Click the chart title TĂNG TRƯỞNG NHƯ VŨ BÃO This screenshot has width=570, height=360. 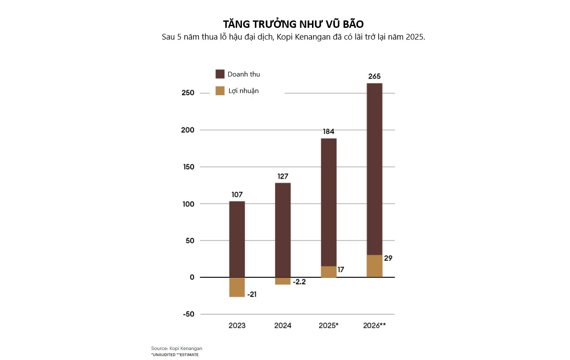click(x=293, y=24)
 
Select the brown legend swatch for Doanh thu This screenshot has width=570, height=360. click(x=220, y=74)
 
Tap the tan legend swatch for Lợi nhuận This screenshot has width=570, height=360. click(x=220, y=91)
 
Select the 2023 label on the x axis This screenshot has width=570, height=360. click(x=237, y=326)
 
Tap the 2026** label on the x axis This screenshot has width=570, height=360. click(x=374, y=326)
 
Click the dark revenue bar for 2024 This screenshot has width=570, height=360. click(x=283, y=230)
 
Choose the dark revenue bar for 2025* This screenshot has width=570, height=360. click(x=329, y=200)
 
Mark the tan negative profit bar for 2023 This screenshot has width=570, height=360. click(x=237, y=287)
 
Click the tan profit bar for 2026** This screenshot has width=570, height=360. click(x=374, y=266)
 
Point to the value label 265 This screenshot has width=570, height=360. click(x=374, y=77)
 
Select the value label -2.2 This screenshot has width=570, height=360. click(x=299, y=282)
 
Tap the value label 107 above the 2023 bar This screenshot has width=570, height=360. click(x=237, y=195)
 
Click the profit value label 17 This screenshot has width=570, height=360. click(x=340, y=270)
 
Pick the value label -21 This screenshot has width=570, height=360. click(x=251, y=295)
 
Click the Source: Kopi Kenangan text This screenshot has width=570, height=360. click(x=177, y=348)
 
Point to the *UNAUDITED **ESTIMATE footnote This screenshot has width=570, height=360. click(x=174, y=355)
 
